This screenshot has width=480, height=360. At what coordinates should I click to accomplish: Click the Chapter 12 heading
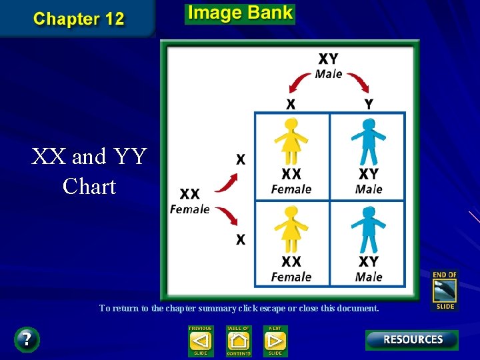79,19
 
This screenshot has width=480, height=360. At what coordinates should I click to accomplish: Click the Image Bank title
239,13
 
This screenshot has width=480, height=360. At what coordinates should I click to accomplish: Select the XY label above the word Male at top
328,59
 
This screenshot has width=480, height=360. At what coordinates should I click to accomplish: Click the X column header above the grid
291,104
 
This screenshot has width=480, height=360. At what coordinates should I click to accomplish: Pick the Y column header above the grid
369,104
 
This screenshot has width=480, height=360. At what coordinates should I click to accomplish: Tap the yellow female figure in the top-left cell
291,141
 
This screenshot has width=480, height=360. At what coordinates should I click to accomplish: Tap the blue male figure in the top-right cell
368,141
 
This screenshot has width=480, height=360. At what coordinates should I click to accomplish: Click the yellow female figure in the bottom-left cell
291,229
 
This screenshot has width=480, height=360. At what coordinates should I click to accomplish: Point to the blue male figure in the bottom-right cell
368,229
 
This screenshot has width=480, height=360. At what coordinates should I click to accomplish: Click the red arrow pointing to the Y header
360,83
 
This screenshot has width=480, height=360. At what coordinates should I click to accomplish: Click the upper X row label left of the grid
241,159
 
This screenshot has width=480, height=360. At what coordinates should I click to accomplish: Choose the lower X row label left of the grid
241,239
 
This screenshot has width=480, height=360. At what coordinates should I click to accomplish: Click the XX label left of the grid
189,194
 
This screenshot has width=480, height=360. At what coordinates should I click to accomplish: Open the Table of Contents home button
238,340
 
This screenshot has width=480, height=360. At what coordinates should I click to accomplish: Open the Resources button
412,340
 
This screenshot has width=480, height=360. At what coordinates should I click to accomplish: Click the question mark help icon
27,339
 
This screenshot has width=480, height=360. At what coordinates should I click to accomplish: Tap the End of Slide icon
445,290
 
